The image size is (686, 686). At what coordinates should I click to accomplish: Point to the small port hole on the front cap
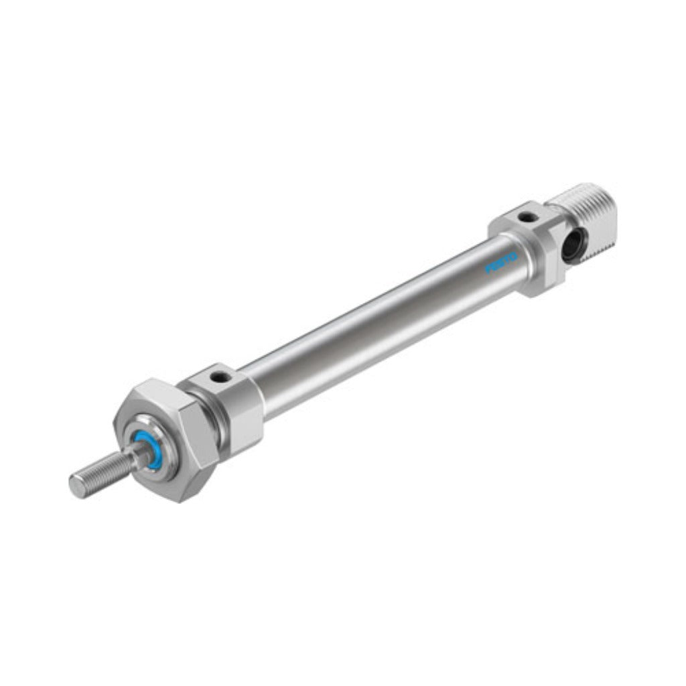click(x=216, y=376)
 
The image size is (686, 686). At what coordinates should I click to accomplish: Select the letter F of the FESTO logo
click(x=488, y=269)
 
